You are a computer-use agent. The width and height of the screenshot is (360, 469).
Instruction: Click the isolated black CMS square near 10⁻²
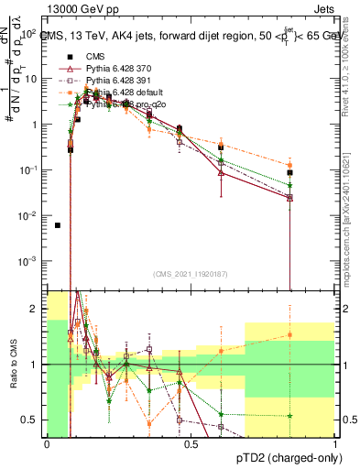58,225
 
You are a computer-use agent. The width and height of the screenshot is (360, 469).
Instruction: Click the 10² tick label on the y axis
27,34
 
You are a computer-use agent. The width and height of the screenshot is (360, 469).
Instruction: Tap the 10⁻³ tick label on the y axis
27,261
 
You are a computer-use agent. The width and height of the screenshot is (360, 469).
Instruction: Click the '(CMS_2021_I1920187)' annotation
190,274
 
